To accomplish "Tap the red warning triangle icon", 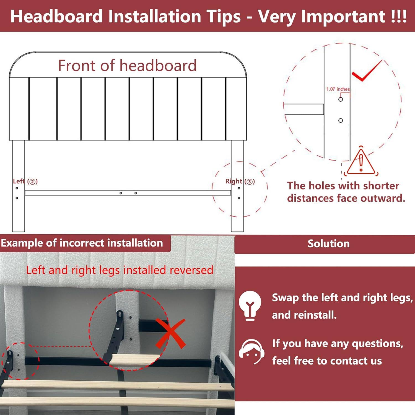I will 361,163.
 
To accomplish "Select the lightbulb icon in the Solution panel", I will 250,305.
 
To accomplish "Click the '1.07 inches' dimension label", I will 338,89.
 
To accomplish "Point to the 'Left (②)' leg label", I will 25,181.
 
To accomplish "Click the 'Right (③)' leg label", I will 240,181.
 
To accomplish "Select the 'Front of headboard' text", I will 127,66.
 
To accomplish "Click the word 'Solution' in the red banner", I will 328,243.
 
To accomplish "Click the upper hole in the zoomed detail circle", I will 341,99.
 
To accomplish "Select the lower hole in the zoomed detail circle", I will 341,120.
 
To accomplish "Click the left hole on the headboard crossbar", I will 121,193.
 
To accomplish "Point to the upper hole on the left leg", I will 17,188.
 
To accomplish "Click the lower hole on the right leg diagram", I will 239,198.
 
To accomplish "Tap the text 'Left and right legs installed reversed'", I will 120,270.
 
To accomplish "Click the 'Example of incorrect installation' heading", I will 82,243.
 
